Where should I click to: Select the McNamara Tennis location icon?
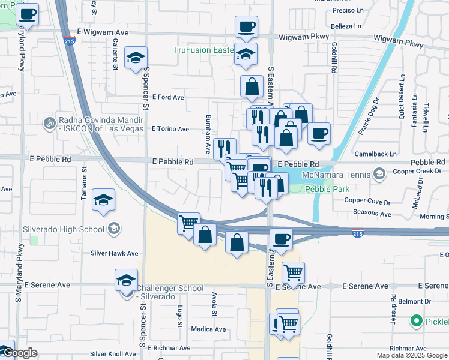tap(379, 175)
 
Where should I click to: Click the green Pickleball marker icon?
tap(415, 322)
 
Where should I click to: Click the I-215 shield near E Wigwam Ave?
tap(70, 41)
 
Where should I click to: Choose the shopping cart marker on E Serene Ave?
tap(293, 273)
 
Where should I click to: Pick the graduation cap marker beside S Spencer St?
tap(136, 58)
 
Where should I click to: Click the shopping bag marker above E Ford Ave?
tap(252, 88)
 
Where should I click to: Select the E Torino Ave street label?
tap(170, 129)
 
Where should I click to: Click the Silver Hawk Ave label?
tap(114, 253)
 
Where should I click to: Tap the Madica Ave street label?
tap(208, 329)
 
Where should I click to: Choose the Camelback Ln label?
tap(376, 154)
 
